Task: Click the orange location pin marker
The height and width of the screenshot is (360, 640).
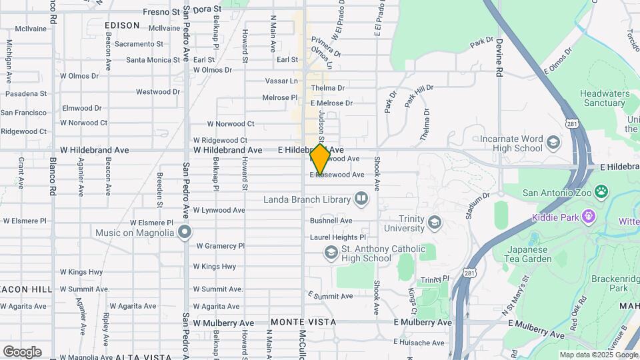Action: click(x=320, y=159)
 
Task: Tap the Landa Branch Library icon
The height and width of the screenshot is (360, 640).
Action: click(x=361, y=198)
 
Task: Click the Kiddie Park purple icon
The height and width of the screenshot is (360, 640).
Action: click(x=588, y=217)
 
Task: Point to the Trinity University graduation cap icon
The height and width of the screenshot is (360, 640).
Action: click(x=435, y=223)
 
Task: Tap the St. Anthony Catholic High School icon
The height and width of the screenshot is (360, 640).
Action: click(x=331, y=252)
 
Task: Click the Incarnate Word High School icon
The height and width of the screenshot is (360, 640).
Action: click(x=553, y=143)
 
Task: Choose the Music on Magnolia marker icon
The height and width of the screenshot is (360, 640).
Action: click(x=185, y=233)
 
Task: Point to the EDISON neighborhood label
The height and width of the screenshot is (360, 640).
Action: click(x=122, y=25)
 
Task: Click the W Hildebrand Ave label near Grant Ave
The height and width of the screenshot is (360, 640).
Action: click(x=95, y=150)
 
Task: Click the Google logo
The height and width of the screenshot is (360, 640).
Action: click(x=22, y=351)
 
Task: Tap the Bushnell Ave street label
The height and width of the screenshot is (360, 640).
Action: click(x=331, y=221)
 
